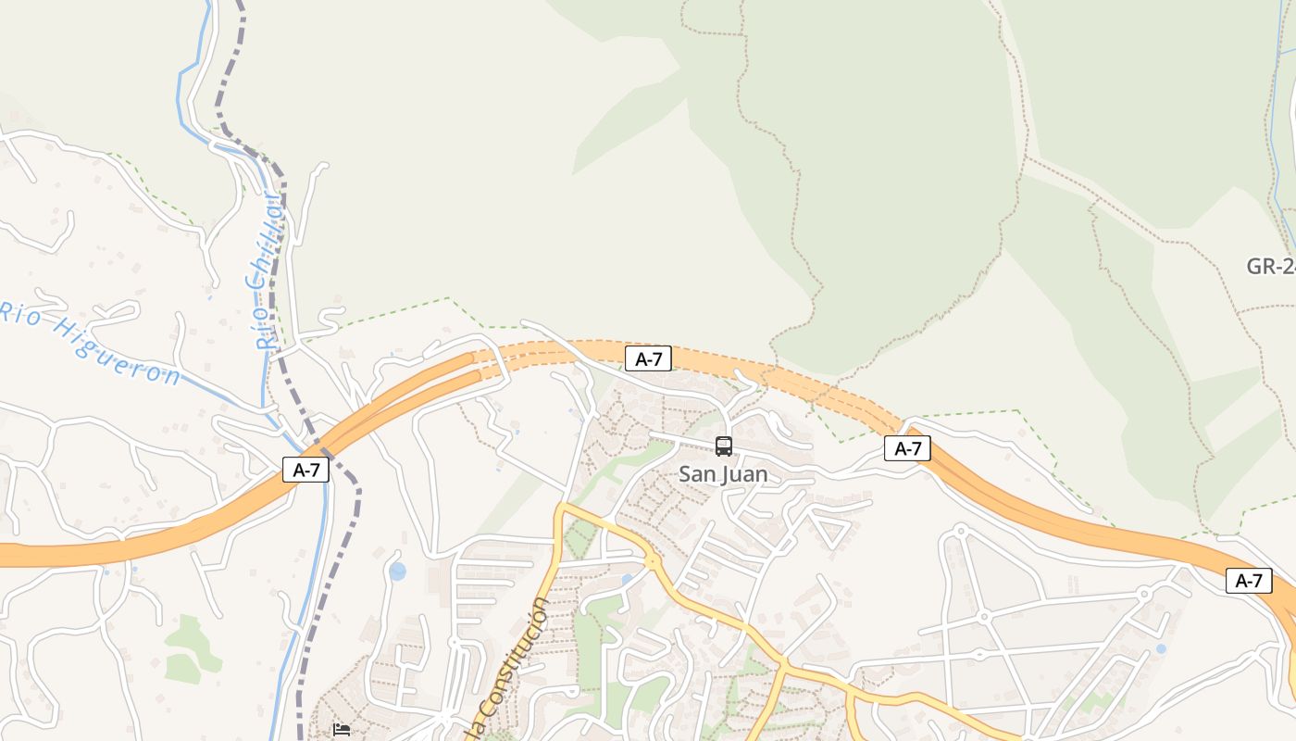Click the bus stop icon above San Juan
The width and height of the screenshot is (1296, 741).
(x=724, y=446)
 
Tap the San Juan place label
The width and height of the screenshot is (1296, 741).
(x=723, y=474)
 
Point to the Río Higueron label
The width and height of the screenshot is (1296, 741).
(x=89, y=343)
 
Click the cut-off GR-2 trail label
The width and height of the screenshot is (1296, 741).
(x=1271, y=267)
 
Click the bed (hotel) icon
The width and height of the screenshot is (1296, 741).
(x=342, y=729)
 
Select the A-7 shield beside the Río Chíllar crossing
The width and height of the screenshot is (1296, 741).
(x=305, y=470)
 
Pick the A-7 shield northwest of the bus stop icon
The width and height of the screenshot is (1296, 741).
(x=648, y=359)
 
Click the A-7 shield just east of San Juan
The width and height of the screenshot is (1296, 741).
(x=907, y=448)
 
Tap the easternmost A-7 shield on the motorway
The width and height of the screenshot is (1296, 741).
(x=1249, y=581)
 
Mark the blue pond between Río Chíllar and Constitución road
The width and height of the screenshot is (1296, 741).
(x=397, y=571)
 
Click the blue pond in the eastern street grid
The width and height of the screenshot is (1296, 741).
(x=1161, y=649)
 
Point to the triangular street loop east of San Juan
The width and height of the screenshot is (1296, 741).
(x=829, y=530)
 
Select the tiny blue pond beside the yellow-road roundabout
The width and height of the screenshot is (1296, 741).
(x=627, y=580)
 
